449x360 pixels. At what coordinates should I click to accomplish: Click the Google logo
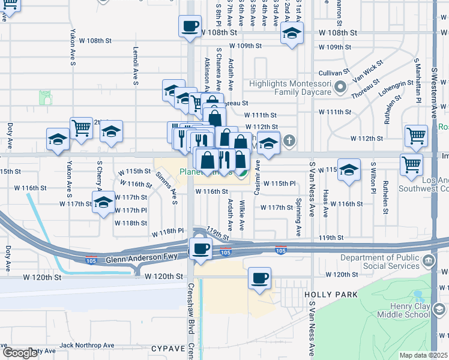(x=19, y=353)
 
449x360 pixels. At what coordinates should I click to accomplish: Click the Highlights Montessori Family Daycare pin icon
(x=340, y=88)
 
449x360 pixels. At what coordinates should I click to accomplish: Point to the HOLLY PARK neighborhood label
(x=331, y=295)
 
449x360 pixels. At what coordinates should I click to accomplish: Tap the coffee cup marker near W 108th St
(x=190, y=26)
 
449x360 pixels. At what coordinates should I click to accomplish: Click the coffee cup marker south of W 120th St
(x=259, y=278)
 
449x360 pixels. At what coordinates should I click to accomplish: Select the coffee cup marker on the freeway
(x=200, y=248)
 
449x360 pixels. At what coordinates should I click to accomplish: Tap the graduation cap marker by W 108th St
(x=292, y=34)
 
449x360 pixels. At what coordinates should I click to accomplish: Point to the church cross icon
(x=289, y=142)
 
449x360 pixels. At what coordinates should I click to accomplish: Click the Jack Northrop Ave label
(x=87, y=345)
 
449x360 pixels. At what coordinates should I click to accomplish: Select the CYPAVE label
(x=167, y=347)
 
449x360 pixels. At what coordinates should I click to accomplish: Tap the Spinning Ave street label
(x=298, y=217)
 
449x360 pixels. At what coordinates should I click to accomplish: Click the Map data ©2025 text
(x=423, y=355)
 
